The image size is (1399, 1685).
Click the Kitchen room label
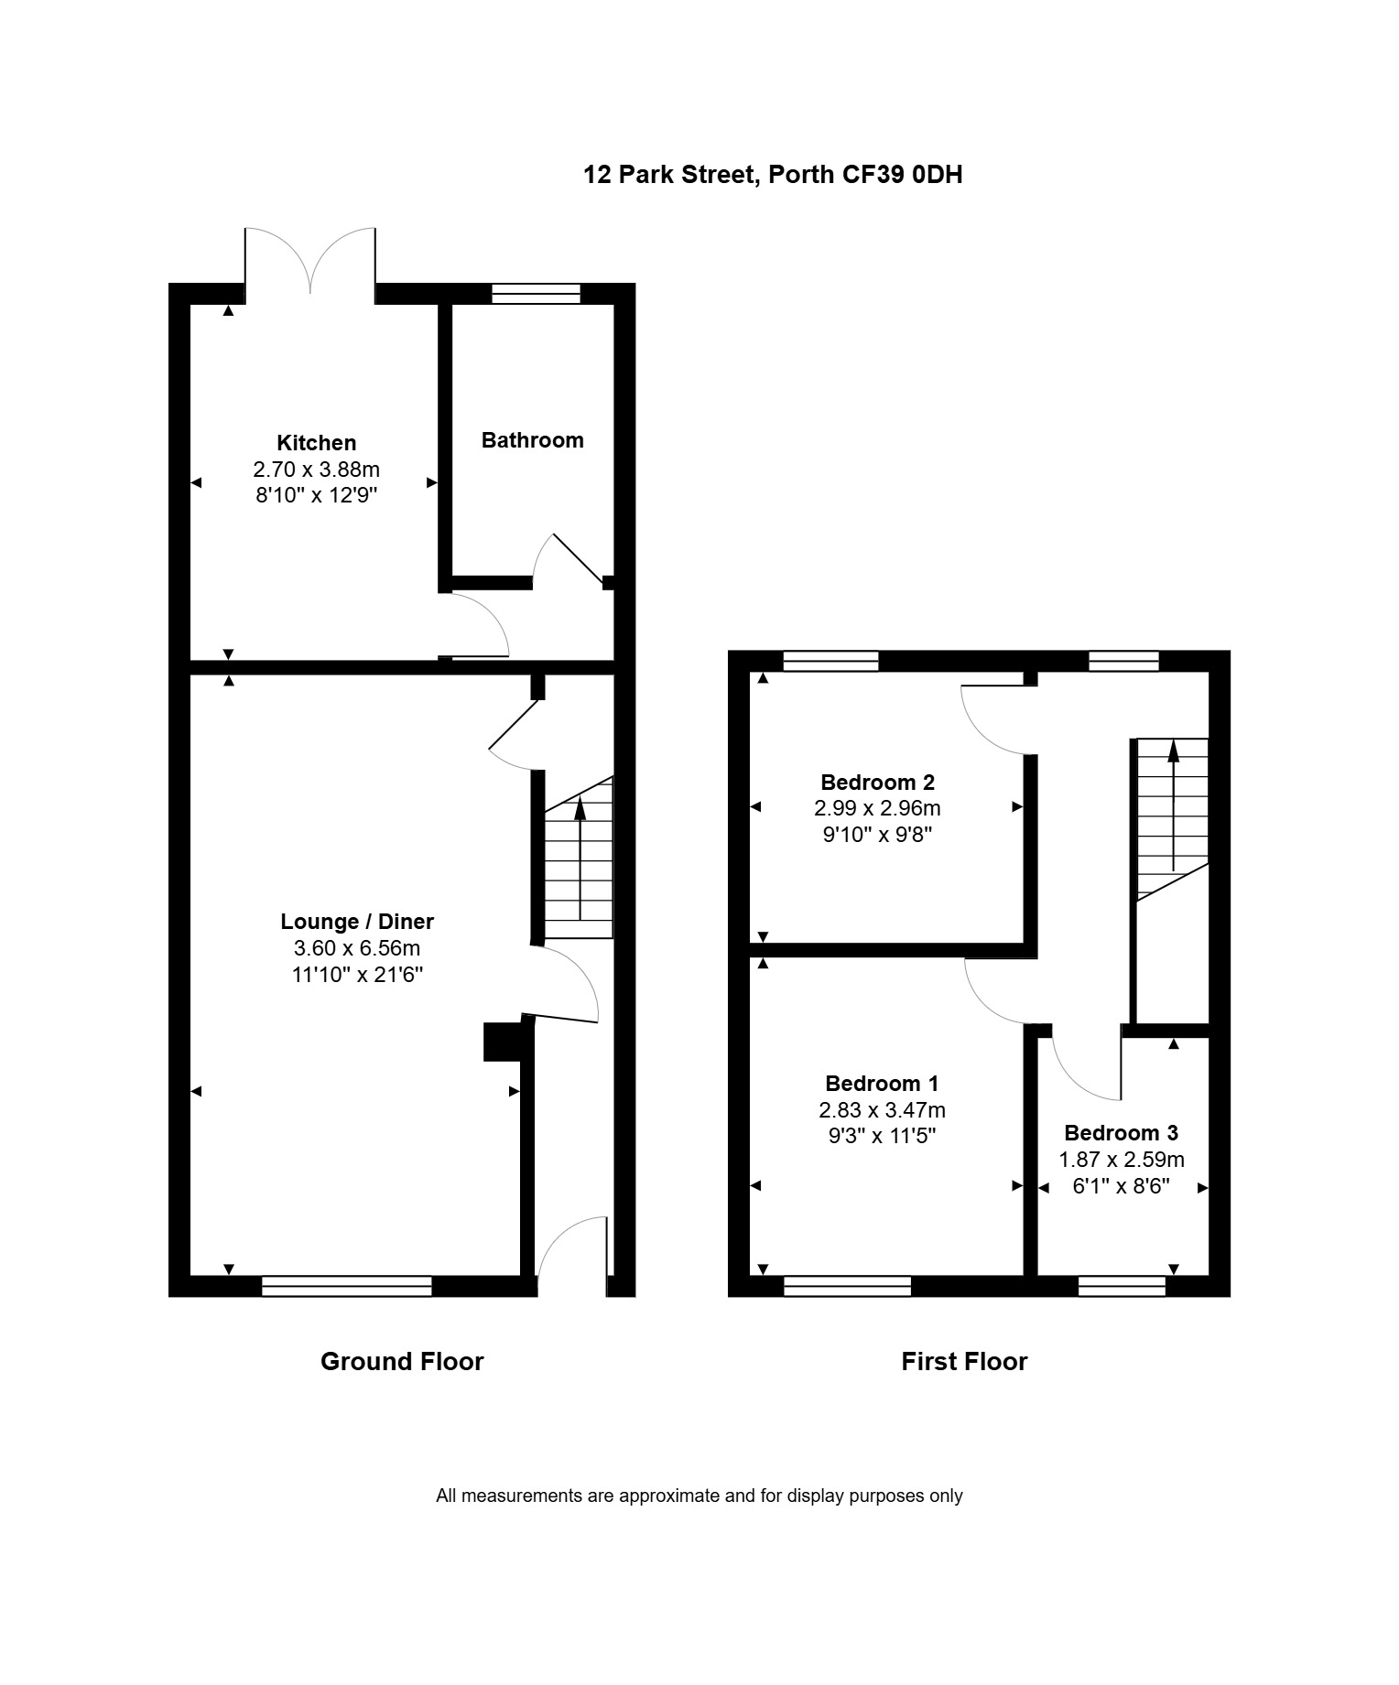click(316, 443)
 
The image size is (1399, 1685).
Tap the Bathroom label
click(532, 440)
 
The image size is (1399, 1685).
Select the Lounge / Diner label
click(357, 922)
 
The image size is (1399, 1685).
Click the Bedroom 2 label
click(877, 783)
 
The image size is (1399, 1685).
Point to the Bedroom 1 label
click(882, 1084)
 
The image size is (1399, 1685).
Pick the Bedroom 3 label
click(1121, 1133)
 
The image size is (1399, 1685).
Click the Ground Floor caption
click(402, 1362)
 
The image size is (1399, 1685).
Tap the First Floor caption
click(964, 1362)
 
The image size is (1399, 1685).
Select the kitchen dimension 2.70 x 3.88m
click(316, 470)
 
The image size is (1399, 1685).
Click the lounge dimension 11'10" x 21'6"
click(357, 975)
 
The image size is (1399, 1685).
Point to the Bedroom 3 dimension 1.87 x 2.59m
click(1122, 1160)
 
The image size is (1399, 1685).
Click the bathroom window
click(536, 294)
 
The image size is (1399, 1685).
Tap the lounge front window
click(346, 1286)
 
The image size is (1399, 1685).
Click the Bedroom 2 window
click(831, 661)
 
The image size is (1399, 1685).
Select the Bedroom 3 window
click(1122, 1286)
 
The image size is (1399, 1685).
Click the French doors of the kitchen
click(309, 261)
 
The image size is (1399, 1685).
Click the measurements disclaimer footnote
click(699, 1496)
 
